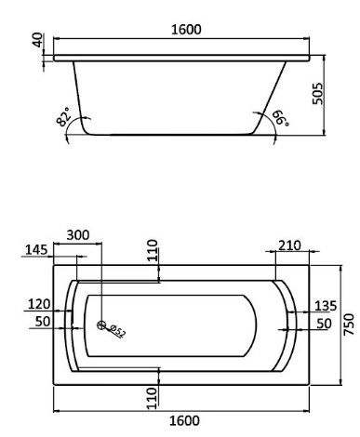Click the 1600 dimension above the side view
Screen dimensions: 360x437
[186, 29]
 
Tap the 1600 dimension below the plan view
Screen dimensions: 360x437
[184, 420]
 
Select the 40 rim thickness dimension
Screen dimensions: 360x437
[38, 40]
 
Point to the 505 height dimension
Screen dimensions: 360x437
[318, 93]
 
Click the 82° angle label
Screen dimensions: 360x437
[64, 117]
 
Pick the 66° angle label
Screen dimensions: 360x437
[281, 118]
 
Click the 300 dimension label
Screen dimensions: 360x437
[78, 235]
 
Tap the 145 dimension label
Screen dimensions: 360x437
[36, 249]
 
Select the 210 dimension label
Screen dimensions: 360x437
[289, 245]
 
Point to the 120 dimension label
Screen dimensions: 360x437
[39, 304]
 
